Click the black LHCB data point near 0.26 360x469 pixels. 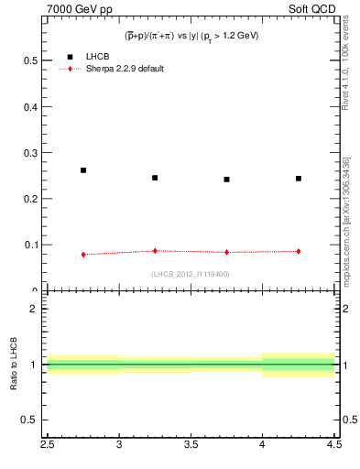pos(83,170)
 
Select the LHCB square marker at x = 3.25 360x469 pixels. pos(155,178)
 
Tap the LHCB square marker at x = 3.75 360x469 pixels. pos(226,180)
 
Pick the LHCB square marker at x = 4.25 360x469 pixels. pos(299,179)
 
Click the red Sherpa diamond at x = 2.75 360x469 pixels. pos(83,255)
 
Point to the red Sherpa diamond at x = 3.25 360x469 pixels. pos(155,250)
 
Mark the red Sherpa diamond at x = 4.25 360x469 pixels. pos(299,251)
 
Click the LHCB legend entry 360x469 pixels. pos(95,57)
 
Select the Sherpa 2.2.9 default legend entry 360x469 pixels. pos(125,70)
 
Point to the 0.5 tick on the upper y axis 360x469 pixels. pos(36,60)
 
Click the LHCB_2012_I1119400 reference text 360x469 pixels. pos(190,274)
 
